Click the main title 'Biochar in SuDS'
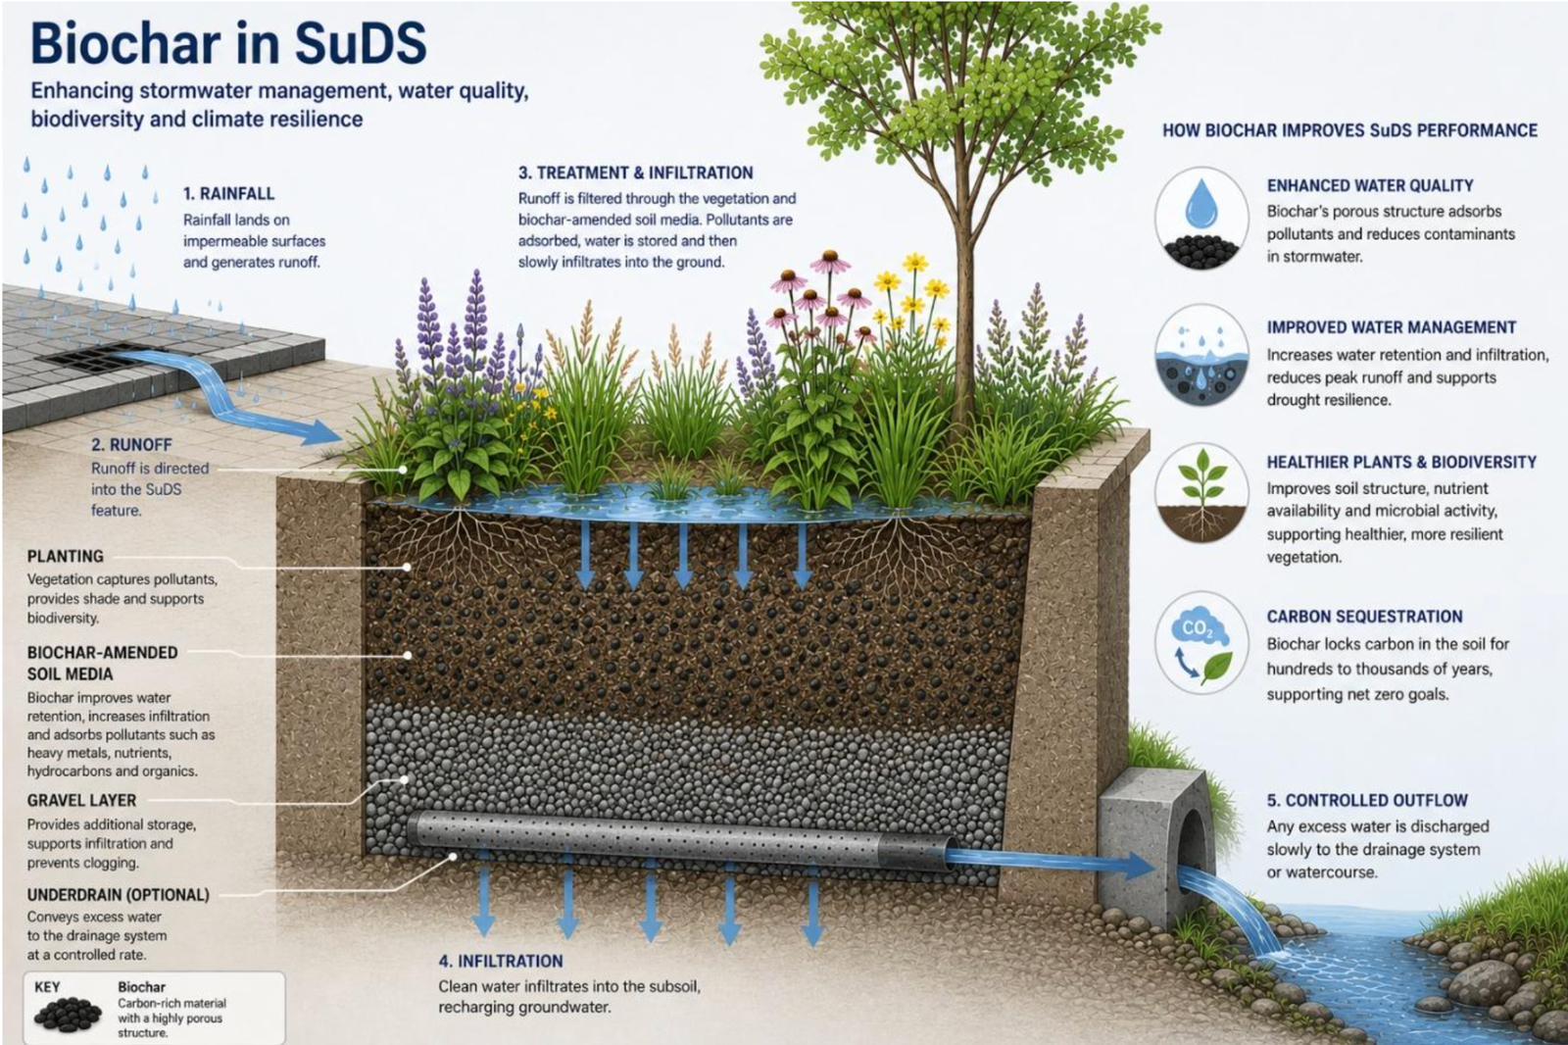click(228, 43)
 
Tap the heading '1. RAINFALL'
click(229, 193)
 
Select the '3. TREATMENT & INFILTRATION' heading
click(636, 173)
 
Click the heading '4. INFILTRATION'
click(501, 961)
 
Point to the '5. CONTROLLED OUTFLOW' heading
click(1367, 800)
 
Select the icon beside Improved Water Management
click(1201, 356)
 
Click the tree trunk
click(964, 280)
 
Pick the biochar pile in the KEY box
click(68, 1014)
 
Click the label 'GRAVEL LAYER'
click(82, 800)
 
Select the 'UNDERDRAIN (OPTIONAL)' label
click(119, 894)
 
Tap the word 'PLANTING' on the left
click(65, 556)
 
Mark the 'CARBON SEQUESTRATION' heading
click(1365, 617)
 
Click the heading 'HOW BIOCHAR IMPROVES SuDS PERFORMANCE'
click(1350, 130)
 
